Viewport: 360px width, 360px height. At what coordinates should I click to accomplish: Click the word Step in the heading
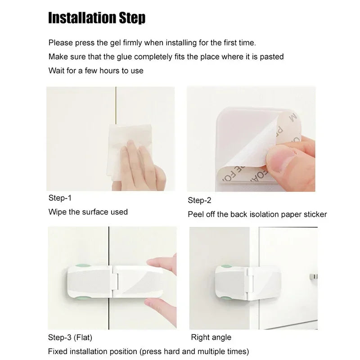pos(131,18)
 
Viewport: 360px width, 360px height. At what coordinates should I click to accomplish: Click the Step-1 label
pos(60,198)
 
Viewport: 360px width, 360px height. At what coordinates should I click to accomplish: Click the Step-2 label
pos(199,200)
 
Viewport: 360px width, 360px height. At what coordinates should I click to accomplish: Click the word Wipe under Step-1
pos(57,211)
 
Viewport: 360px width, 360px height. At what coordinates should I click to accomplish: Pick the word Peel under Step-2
pos(196,214)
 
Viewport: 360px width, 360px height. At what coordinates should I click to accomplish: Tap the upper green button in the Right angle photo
pos(225,268)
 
